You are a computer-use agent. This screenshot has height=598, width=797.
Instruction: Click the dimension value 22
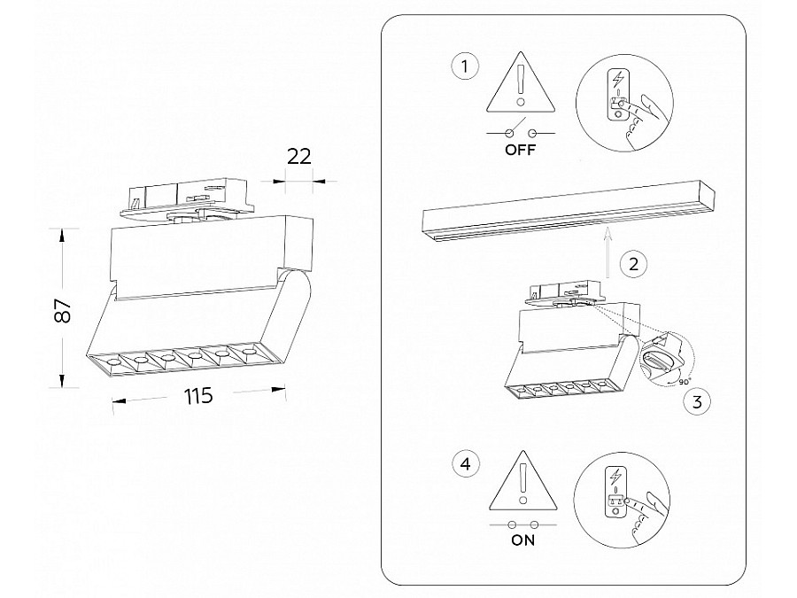click(x=300, y=156)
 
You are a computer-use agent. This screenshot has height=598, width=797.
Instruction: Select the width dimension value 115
click(x=198, y=396)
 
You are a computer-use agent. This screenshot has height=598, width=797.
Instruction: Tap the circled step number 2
click(x=632, y=263)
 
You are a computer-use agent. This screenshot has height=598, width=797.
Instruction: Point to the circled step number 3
click(x=697, y=402)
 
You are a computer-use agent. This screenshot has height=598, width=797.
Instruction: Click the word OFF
click(x=521, y=150)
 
